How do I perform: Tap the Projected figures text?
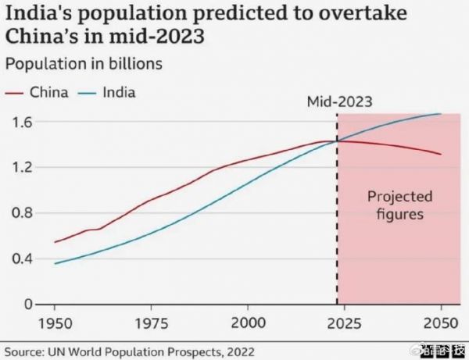pyautogui.click(x=399, y=205)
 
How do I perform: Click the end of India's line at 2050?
pyautogui.click(x=441, y=114)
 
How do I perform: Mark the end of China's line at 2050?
pyautogui.click(x=441, y=154)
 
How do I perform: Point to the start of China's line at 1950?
pyautogui.click(x=55, y=242)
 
